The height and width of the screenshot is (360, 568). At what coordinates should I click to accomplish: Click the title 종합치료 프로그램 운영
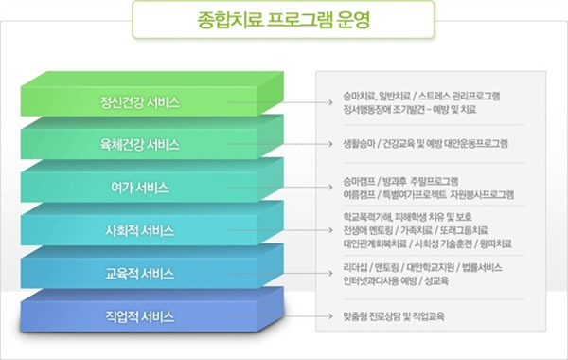pyautogui.click(x=283, y=18)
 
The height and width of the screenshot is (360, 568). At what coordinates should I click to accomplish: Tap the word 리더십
pyautogui.click(x=355, y=268)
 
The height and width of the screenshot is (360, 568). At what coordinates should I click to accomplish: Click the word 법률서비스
pyautogui.click(x=482, y=268)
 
